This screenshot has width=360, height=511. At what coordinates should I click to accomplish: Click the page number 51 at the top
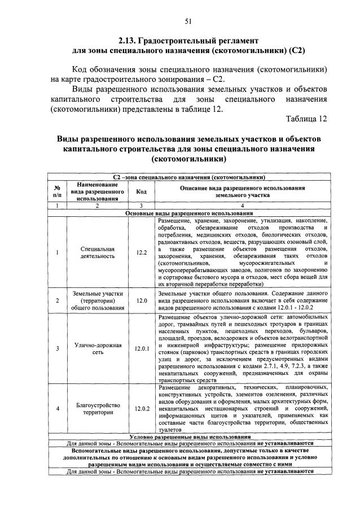(188, 21)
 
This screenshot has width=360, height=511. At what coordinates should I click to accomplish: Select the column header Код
(142, 191)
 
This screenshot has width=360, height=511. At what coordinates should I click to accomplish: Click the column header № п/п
(57, 191)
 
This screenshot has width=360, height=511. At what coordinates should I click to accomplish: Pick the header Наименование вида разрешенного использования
(97, 191)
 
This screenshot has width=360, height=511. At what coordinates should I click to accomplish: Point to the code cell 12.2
(142, 252)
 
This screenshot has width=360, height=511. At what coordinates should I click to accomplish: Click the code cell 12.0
(142, 301)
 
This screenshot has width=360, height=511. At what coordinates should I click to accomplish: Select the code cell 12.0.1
(142, 348)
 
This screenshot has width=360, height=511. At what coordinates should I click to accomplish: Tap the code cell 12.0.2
(142, 408)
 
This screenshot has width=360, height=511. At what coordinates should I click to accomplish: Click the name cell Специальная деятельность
(97, 252)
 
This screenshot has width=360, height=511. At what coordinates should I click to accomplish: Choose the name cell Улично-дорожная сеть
(97, 348)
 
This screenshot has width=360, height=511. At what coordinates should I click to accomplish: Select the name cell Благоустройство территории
(97, 408)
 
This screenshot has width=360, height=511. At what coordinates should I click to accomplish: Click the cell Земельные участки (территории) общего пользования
(97, 301)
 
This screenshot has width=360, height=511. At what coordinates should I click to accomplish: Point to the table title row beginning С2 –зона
(189, 177)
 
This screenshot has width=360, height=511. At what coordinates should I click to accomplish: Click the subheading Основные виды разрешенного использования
(189, 213)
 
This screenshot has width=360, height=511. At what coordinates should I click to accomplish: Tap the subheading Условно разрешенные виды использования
(189, 437)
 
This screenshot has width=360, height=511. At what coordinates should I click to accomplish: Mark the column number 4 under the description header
(242, 207)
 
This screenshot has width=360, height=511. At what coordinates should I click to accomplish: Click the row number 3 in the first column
(57, 348)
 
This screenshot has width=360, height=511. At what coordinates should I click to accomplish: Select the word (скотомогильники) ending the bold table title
(188, 160)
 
